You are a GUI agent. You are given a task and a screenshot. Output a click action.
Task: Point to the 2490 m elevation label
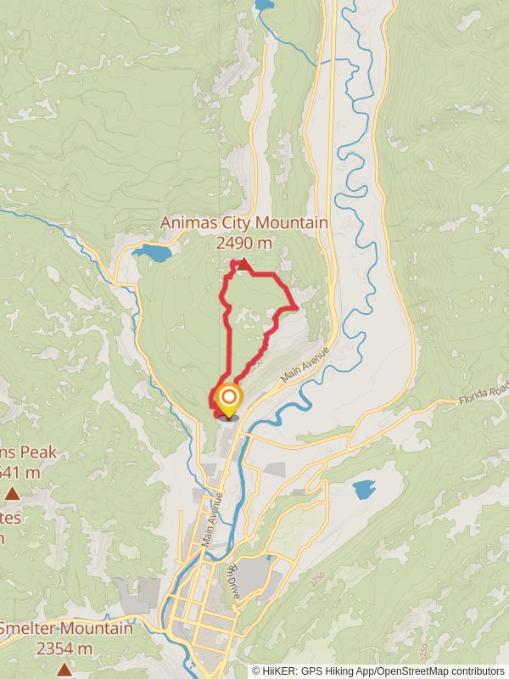(x=243, y=243)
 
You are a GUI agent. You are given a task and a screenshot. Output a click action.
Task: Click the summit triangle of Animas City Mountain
(x=243, y=265)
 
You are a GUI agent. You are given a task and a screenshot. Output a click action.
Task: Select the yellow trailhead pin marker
(x=228, y=399)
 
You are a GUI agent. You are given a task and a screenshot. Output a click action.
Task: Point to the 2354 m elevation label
(x=64, y=648)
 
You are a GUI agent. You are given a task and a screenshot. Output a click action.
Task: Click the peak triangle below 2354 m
(x=64, y=670)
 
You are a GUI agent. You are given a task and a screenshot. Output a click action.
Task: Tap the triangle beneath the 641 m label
(x=12, y=493)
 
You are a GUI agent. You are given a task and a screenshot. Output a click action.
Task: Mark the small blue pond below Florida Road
(x=364, y=490)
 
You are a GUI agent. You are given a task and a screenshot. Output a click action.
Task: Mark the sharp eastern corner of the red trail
(x=295, y=306)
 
